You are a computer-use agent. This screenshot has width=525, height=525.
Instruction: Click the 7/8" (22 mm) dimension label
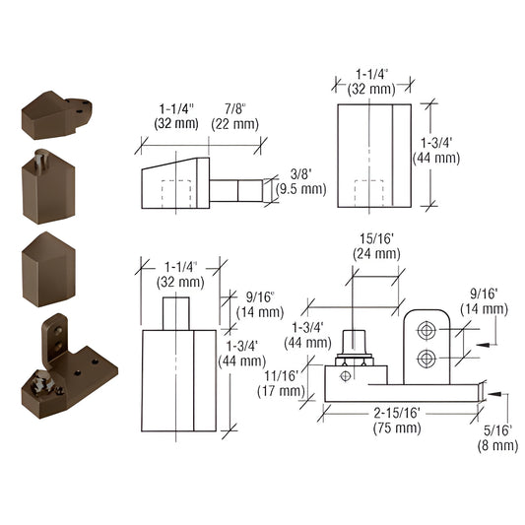(x=231, y=115)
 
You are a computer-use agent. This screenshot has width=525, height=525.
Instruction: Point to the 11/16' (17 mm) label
(x=286, y=382)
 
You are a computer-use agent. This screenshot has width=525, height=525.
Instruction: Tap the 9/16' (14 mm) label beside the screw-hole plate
(x=486, y=300)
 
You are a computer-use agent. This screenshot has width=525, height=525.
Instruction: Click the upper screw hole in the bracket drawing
(x=427, y=328)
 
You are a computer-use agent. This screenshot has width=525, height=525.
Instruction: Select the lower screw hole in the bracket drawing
(x=427, y=358)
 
